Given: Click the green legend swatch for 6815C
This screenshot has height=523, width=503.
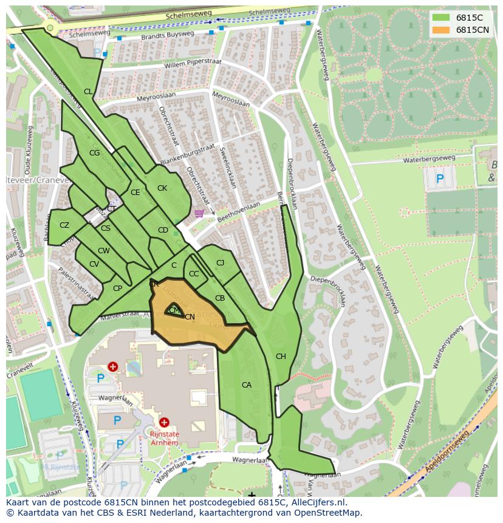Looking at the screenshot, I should click(x=441, y=18).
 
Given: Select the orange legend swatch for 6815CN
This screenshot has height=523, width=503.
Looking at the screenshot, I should click(x=441, y=30).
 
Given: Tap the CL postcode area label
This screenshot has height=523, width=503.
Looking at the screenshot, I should click(x=88, y=92).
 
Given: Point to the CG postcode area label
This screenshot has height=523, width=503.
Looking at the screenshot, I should click(x=94, y=153).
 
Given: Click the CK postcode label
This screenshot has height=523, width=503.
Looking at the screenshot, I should click(x=162, y=188).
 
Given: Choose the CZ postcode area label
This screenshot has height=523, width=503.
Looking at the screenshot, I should click(x=64, y=225).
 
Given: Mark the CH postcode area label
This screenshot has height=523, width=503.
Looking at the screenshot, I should click(x=281, y=357).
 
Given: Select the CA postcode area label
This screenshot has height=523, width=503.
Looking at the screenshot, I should click(x=247, y=385).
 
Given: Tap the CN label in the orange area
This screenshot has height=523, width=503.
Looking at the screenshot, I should click(x=190, y=316).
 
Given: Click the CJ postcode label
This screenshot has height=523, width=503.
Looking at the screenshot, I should click(x=220, y=263).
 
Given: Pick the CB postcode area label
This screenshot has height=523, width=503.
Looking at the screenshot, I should click(x=220, y=298).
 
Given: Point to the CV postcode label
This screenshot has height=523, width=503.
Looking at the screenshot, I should click(x=94, y=264).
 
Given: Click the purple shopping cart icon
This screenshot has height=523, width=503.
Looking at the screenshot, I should click(x=199, y=213).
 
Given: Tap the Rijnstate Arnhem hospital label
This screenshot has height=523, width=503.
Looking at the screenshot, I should click(x=164, y=438).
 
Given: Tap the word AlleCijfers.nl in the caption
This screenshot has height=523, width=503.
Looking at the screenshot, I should click(x=317, y=503).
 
